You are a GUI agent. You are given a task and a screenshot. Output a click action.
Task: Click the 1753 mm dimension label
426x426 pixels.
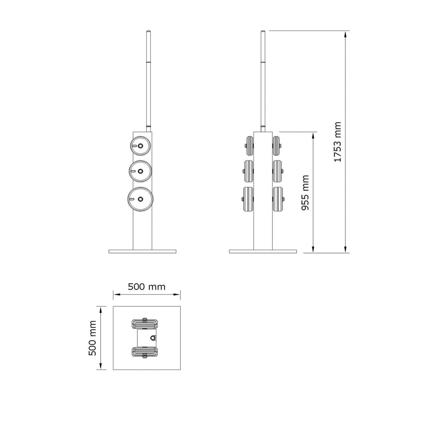337,142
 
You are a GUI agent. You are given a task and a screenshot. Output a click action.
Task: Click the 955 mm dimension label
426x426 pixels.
305,193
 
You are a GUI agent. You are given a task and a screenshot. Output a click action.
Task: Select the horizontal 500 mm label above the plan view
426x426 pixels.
147,287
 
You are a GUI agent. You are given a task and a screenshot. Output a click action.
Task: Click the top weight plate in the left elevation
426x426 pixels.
140,146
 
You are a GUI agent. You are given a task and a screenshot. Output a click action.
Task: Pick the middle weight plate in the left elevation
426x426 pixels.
141,171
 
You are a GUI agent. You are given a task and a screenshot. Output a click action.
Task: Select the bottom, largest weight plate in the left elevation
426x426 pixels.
141,199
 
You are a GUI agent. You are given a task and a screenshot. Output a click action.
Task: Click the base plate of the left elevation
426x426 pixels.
142,251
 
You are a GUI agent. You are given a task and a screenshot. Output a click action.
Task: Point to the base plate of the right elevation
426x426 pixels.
263,251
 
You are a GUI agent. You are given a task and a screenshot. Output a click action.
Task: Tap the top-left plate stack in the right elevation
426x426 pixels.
249,146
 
